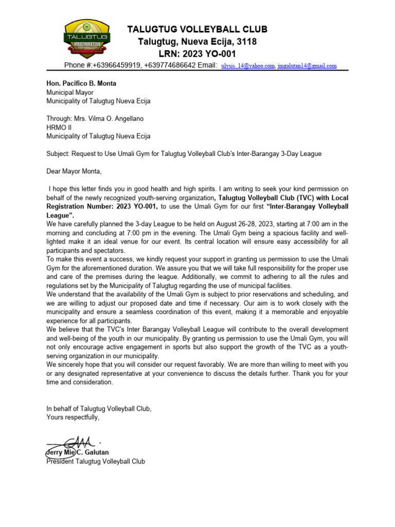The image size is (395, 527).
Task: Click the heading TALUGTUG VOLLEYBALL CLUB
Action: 197,29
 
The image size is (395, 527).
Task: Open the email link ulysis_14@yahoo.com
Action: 247,66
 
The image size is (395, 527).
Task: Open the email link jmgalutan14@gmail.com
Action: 307,66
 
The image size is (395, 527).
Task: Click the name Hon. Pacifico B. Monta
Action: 81,83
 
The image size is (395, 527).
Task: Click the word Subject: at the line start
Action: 58,154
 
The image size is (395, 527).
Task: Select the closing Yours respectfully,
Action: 73,417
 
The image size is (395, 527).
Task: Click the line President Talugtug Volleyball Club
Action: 96,461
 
